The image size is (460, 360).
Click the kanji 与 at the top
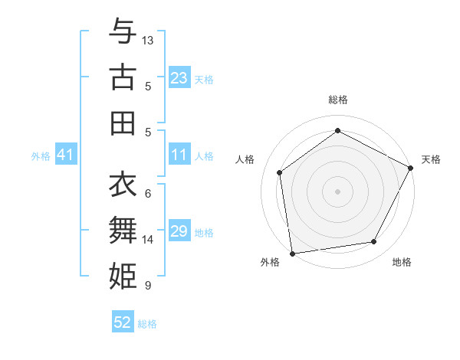click(x=123, y=32)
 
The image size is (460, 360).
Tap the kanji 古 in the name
click(x=123, y=77)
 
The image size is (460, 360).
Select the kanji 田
click(x=123, y=122)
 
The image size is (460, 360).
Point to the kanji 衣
click(x=123, y=185)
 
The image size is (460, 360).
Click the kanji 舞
click(x=123, y=231)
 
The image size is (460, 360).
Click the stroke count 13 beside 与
click(x=148, y=39)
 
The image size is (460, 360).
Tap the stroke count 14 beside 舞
click(x=148, y=240)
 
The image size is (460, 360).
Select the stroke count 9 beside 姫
click(x=148, y=286)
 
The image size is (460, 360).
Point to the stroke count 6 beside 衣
click(x=148, y=194)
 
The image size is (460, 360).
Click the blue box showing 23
click(x=179, y=78)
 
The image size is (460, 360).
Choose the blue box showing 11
click(x=179, y=155)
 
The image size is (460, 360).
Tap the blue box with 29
click(x=179, y=232)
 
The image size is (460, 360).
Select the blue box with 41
click(x=65, y=155)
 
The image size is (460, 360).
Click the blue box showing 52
click(x=123, y=323)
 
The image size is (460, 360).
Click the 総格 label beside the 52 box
click(x=147, y=324)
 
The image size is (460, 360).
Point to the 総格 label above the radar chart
click(x=338, y=100)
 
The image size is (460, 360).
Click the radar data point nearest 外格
click(x=291, y=253)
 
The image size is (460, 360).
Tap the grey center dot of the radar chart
click(x=337, y=191)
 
